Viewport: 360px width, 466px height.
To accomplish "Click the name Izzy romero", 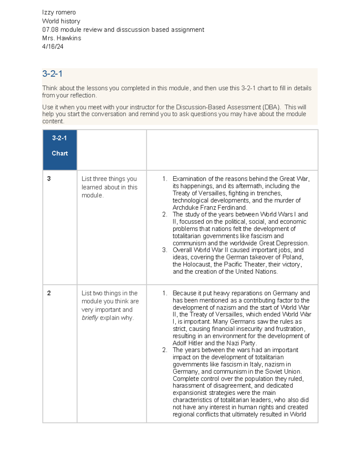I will pos(59,12).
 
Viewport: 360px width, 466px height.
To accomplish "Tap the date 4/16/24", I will pos(53,47).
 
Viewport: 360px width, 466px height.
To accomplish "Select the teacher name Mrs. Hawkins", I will pos(61,38).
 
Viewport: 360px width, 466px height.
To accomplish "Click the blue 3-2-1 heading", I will pos(52,74).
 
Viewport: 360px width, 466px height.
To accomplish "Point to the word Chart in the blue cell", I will pos(60,153).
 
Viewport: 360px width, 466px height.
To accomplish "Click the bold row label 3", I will pos(49,179).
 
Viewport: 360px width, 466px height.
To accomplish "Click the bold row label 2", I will pos(49,293).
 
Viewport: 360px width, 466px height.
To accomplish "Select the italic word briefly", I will pos(90,318).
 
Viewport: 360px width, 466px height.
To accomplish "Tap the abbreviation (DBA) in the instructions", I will pos(272,107).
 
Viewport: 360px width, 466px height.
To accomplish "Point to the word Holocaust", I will pos(197,264).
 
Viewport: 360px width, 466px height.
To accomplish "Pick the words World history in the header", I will pos(61,21).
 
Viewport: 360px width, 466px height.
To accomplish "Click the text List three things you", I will pos(109,179).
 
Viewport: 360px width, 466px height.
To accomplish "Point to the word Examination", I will pos(190,179).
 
